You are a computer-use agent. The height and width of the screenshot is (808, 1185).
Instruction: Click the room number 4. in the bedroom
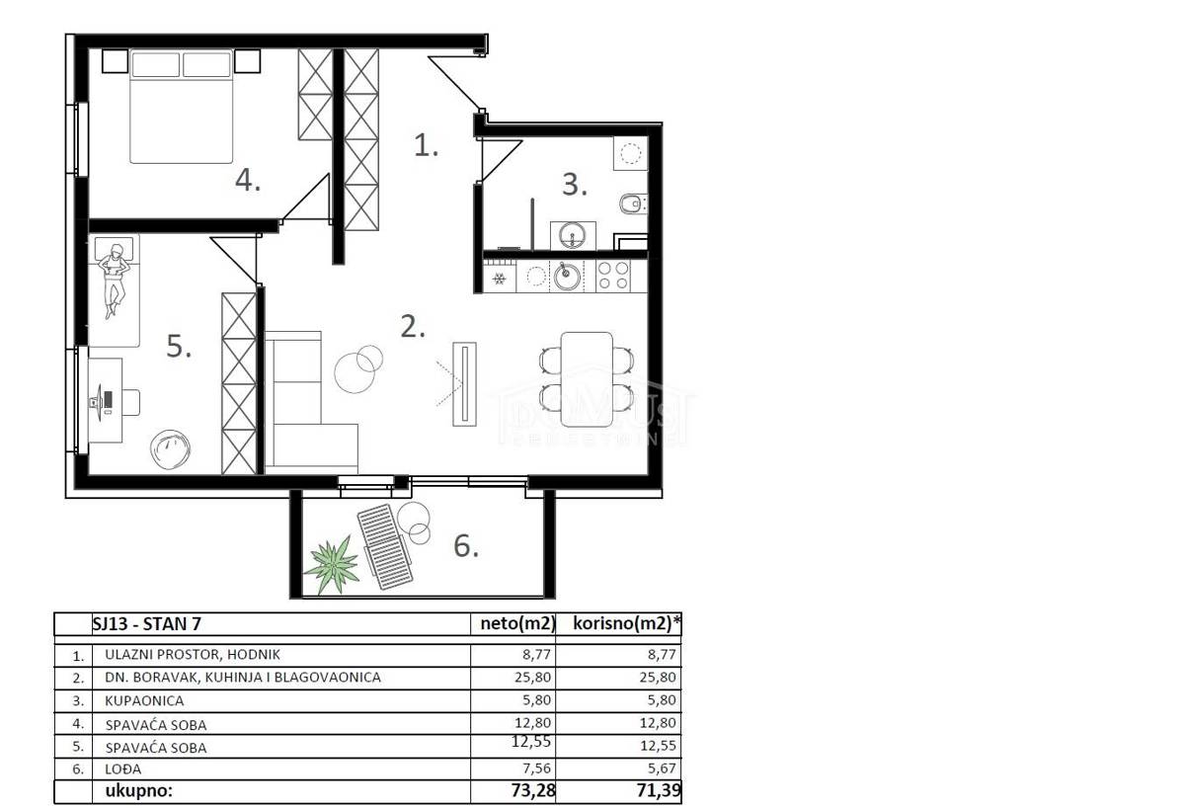point(248,181)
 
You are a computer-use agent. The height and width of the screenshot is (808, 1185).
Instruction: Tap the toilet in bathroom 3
point(633,202)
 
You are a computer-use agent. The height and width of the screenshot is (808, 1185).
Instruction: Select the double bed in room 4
point(182,107)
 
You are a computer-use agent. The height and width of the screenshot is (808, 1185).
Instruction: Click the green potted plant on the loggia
point(333,565)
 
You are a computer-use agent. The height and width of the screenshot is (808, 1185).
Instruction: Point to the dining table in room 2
point(587,379)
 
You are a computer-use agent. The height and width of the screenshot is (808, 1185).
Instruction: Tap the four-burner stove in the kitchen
point(612,276)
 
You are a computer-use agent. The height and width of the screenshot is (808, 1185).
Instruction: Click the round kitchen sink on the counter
point(566,277)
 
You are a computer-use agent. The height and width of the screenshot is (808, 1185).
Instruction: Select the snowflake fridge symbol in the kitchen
point(499,278)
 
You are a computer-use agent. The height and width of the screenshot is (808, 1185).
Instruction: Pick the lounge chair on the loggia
point(384,546)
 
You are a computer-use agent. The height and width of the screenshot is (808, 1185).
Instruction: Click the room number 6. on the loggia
point(466,546)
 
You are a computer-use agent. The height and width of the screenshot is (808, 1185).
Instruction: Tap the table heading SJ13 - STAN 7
point(147,624)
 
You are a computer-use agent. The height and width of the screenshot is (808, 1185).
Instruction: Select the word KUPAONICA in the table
point(144,700)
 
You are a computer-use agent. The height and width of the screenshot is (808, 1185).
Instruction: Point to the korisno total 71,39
point(659,790)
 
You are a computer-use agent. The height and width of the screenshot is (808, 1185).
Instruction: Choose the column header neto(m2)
point(517,623)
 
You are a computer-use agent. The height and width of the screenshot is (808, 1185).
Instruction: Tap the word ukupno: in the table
point(139,790)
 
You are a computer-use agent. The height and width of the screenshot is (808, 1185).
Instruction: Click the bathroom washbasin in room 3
point(573,235)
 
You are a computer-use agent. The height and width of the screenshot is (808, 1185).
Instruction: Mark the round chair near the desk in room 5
point(170,449)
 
